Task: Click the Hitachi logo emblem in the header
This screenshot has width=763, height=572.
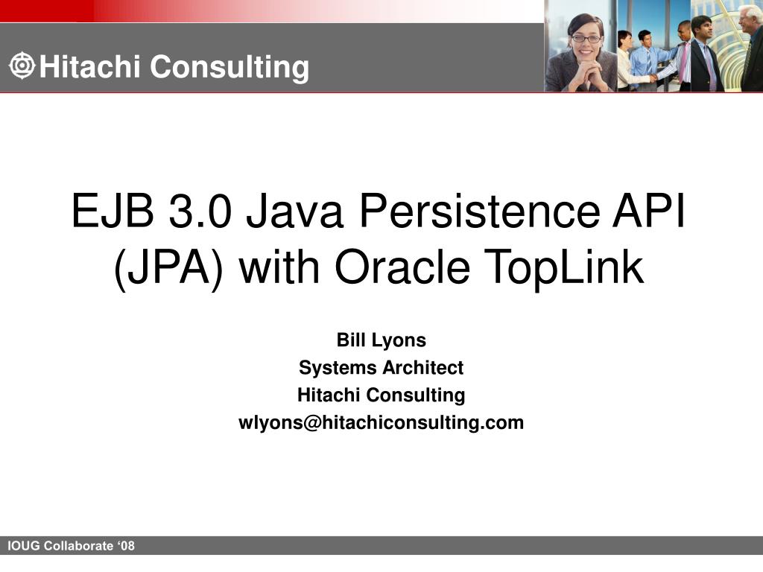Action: click(22, 66)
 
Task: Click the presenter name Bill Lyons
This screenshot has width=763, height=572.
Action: click(381, 340)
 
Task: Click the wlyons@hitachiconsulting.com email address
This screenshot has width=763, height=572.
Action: click(381, 423)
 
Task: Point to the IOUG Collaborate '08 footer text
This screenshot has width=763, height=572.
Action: click(72, 546)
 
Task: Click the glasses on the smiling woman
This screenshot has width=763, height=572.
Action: click(586, 38)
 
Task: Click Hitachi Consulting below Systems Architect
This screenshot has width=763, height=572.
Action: click(381, 395)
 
